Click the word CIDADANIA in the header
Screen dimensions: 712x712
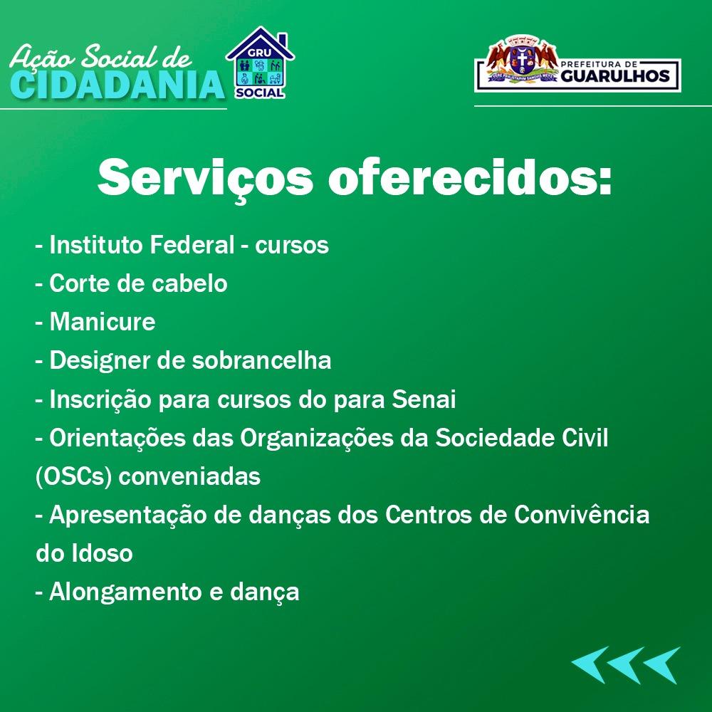[x=117, y=85]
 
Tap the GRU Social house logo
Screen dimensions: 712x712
[x=260, y=63]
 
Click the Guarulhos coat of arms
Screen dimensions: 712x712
[x=522, y=59]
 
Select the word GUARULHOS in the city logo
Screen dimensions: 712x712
[x=615, y=76]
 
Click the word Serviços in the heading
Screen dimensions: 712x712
[x=205, y=178]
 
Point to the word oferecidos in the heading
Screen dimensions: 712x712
[x=470, y=177]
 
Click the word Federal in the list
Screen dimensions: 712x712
[x=192, y=245]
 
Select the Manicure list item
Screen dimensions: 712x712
[x=95, y=322]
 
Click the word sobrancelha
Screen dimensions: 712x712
[x=261, y=360]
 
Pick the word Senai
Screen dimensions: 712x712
[x=424, y=399]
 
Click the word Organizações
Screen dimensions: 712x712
[x=334, y=439]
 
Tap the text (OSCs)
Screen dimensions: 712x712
[x=73, y=477]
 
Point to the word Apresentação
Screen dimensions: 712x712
[x=127, y=515]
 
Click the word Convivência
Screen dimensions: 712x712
[x=582, y=515]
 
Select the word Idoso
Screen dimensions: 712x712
[x=102, y=553]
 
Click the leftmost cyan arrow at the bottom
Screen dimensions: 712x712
[x=590, y=665]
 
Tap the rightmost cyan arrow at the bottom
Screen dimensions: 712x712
[x=662, y=665]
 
